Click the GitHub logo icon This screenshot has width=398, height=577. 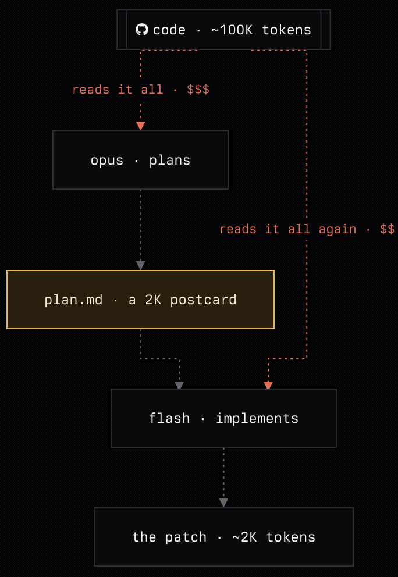142,30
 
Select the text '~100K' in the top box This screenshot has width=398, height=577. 232,30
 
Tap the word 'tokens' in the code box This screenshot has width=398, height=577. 286,30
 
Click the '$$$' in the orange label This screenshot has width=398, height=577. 198,90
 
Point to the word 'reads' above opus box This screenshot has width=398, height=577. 91,90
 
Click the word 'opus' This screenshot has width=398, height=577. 106,161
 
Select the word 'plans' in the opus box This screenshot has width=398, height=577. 170,160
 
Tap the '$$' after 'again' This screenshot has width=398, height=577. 388,229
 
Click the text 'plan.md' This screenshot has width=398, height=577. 73,300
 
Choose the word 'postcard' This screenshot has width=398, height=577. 203,300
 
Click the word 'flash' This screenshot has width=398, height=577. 169,418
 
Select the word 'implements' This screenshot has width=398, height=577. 257,418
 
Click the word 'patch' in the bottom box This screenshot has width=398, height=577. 186,537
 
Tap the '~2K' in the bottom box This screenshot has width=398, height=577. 244,537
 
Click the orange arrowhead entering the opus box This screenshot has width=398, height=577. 140,126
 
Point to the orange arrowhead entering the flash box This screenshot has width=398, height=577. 268,385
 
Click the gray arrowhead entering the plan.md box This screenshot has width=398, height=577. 140,265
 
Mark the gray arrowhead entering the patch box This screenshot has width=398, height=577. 223,503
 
